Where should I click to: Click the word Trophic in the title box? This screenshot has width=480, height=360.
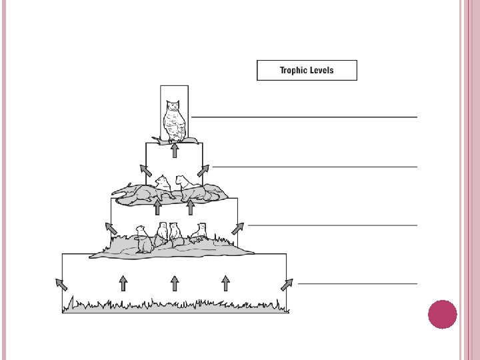[293, 70]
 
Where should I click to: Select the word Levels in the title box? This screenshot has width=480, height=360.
[322, 70]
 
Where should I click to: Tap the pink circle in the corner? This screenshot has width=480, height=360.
[441, 314]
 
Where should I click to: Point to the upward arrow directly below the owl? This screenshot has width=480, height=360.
[175, 151]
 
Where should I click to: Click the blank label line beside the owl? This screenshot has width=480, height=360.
[304, 117]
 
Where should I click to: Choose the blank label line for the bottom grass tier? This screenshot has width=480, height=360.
[357, 283]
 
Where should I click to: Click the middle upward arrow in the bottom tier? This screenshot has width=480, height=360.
[175, 283]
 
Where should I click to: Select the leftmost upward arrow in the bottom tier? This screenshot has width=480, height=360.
[123, 283]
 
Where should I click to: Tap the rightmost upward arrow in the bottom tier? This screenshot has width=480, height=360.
[226, 283]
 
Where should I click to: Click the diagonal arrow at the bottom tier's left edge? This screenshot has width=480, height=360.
[61, 284]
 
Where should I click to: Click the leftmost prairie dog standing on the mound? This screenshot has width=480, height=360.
[141, 239]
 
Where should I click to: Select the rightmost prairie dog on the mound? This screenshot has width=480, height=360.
[199, 232]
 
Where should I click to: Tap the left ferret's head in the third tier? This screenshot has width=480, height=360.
[161, 181]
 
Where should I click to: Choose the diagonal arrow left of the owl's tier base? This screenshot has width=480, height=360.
[143, 170]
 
